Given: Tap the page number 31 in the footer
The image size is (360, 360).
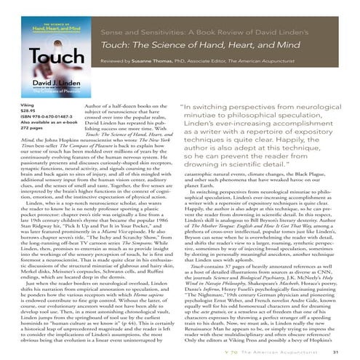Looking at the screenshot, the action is tap(345, 351).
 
